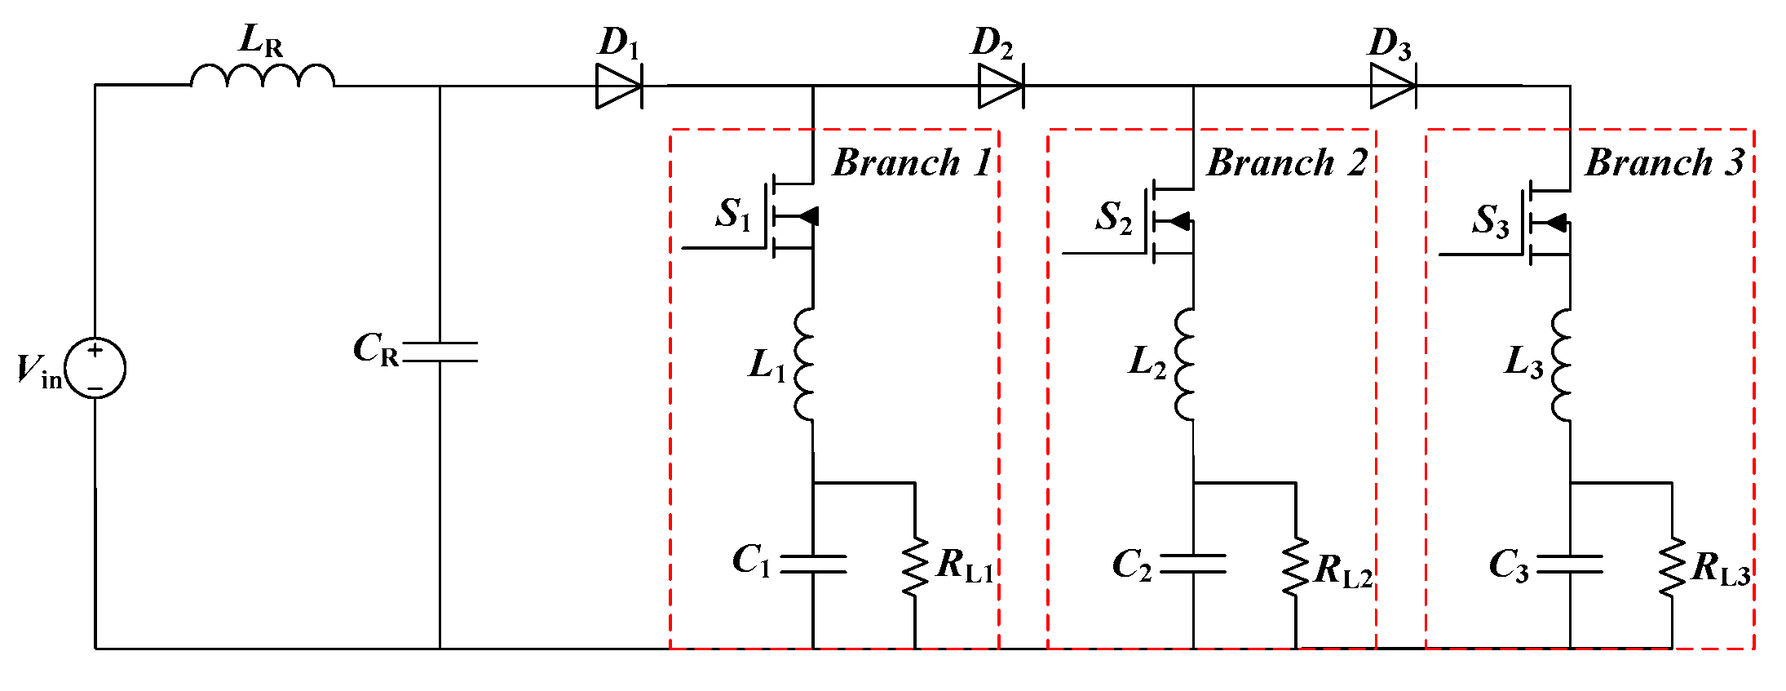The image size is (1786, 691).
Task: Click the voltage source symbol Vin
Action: tap(95, 369)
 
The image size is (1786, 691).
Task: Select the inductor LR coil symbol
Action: tap(262, 76)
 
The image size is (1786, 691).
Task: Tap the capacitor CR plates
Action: tap(440, 352)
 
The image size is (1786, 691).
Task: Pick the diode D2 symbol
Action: tap(1001, 86)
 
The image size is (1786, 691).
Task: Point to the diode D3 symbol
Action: tap(1392, 86)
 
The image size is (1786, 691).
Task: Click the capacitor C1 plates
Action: tap(813, 564)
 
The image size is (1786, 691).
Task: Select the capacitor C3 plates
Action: tap(1570, 564)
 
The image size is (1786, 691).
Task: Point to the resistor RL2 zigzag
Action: tap(1295, 567)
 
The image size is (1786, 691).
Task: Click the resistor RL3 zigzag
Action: tap(1672, 567)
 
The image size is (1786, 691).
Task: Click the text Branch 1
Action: tap(912, 162)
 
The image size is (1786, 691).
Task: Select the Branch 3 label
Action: tap(1664, 162)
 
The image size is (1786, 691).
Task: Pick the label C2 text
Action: tap(1132, 565)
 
